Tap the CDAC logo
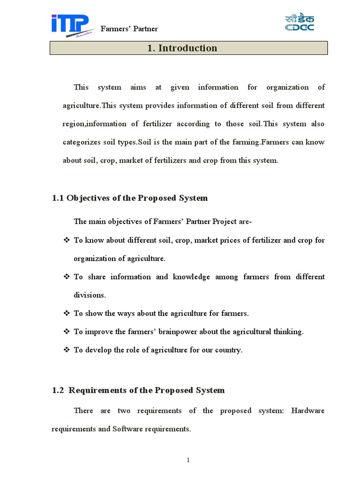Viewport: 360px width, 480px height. click(300, 22)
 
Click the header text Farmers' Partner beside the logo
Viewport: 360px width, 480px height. click(129, 29)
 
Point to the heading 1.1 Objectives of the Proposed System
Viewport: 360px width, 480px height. click(130, 198)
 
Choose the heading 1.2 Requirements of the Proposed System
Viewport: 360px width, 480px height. click(138, 390)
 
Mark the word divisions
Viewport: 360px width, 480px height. click(89, 295)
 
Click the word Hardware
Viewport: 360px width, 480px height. click(308, 411)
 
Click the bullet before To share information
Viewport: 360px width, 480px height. click(66, 277)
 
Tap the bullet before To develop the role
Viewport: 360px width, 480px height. click(66, 350)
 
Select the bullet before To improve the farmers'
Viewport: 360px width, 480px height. click(66, 331)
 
